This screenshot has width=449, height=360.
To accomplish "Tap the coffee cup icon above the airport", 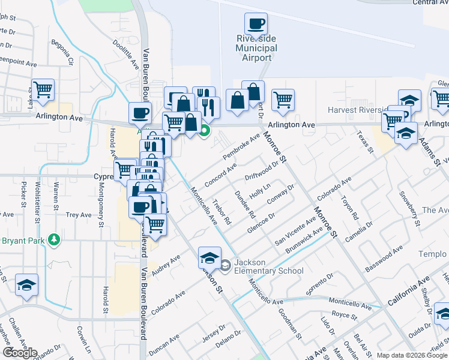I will pyautogui.click(x=255, y=25).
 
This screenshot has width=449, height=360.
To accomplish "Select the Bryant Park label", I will pyautogui.click(x=25, y=240).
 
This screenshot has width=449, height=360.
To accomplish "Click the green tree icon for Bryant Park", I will pyautogui.click(x=54, y=239).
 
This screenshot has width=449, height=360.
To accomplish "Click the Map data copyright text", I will pyautogui.click(x=411, y=355).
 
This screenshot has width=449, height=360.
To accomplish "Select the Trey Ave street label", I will pyautogui.click(x=78, y=214).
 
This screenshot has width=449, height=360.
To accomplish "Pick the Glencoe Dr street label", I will pyautogui.click(x=261, y=223).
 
